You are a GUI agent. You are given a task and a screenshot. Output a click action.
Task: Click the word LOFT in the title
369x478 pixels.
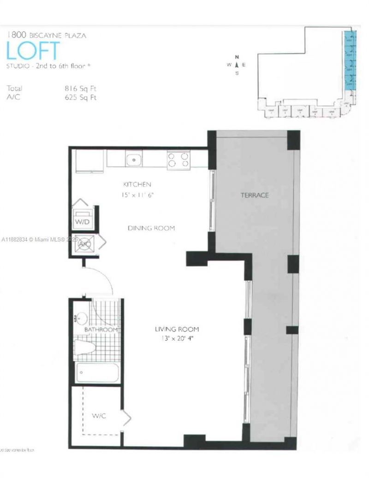pyautogui.click(x=33, y=51)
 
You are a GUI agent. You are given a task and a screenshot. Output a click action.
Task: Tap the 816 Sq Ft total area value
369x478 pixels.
pyautogui.click(x=81, y=89)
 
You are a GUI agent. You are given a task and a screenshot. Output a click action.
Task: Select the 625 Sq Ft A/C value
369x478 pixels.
pyautogui.click(x=81, y=97)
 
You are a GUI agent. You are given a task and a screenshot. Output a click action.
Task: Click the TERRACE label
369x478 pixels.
pyautogui.click(x=254, y=195)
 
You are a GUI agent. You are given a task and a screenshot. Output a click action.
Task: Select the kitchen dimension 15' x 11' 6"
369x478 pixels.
pyautogui.click(x=137, y=195)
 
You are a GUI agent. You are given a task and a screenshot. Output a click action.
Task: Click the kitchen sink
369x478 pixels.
pyautogui.click(x=134, y=160)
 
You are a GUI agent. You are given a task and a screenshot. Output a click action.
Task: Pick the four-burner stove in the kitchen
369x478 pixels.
pyautogui.click(x=179, y=160)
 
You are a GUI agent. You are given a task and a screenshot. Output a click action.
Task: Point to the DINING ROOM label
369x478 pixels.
pyautogui.click(x=151, y=228)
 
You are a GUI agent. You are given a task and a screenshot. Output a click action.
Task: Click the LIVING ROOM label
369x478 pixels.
pyautogui.click(x=177, y=329)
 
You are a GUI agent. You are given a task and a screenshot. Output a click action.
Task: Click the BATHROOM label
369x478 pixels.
pyautogui.click(x=101, y=330)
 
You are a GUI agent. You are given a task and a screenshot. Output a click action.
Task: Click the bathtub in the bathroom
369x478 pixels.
pyautogui.click(x=97, y=372)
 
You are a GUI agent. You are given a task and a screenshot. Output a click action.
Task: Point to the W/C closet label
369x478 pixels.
pyautogui.click(x=99, y=416)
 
